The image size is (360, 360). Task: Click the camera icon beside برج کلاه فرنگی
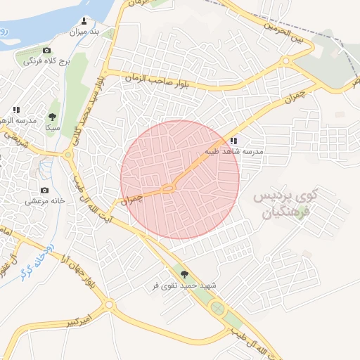point(47,51)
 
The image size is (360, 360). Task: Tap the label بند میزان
point(85,32)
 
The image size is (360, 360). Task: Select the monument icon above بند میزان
point(85,20)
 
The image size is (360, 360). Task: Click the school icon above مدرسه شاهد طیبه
point(233,141)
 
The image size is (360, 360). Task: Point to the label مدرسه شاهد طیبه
point(233,151)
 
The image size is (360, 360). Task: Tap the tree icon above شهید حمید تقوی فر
point(185,275)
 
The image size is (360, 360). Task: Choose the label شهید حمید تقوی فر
point(185,286)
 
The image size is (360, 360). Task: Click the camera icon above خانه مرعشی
point(45,190)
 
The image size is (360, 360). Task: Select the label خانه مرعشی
point(45,200)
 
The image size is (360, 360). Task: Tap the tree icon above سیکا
point(52,117)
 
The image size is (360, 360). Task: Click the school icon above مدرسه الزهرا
point(16,110)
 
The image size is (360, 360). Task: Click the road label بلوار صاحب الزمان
point(157,81)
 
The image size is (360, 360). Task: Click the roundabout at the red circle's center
point(168,188)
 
